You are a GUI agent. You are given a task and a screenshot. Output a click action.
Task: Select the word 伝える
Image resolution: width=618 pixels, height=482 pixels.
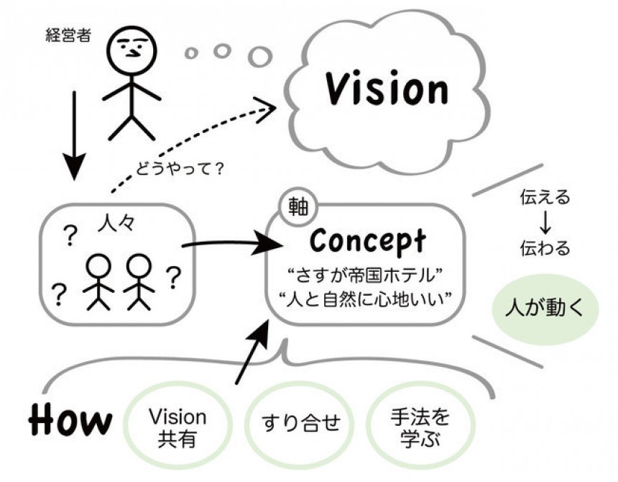pyautogui.click(x=545, y=197)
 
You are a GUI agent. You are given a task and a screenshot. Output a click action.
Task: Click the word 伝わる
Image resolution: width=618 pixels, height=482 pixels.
pyautogui.click(x=545, y=249)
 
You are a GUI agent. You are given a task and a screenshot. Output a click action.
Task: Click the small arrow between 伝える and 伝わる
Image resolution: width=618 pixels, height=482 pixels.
pyautogui.click(x=545, y=223)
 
